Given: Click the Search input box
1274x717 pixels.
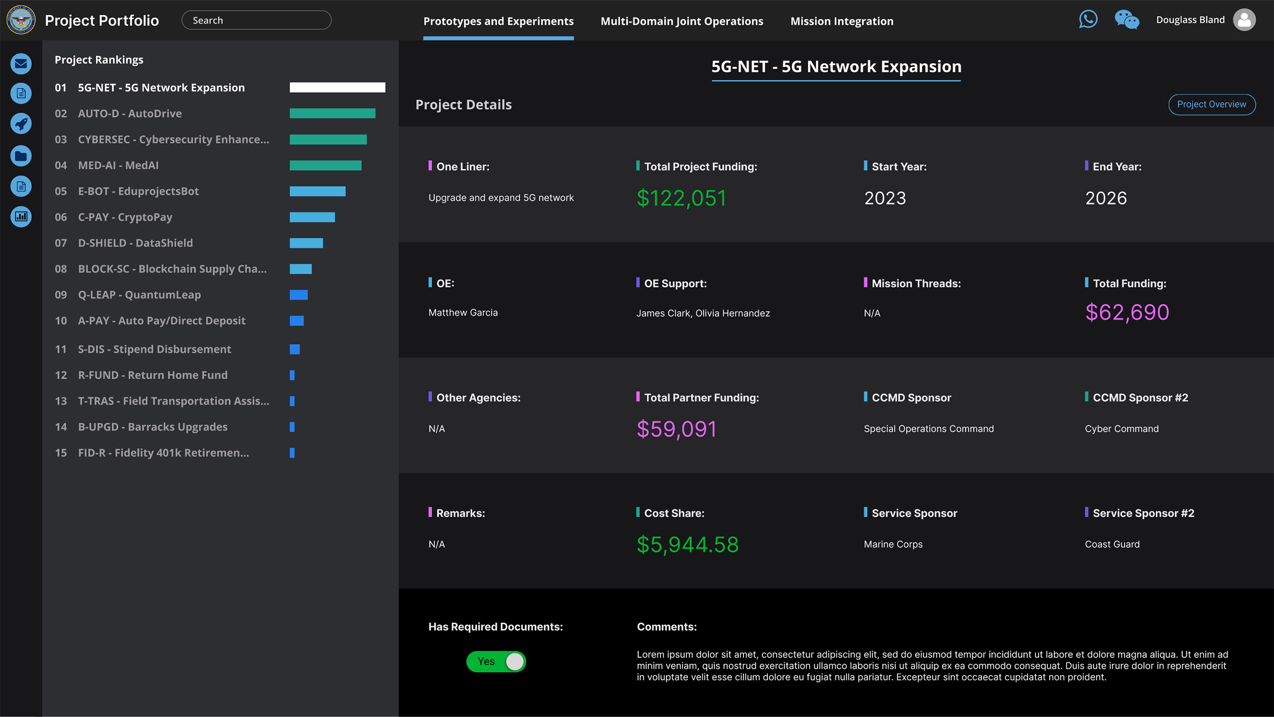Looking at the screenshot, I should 256,20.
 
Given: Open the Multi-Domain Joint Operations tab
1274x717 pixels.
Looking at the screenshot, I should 682,21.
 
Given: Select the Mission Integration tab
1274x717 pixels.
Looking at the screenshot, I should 842,21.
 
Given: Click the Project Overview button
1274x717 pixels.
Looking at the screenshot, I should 1211,104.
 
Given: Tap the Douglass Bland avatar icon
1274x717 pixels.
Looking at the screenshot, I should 1244,20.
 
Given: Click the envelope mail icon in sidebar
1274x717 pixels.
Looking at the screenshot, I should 21,64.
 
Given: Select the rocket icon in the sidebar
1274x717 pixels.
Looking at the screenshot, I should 21,124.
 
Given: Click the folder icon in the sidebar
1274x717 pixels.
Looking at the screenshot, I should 21,156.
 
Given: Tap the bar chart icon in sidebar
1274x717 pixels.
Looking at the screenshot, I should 21,217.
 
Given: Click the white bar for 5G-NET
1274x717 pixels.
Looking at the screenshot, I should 337,88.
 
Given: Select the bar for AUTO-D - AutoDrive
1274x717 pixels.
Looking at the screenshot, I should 332,113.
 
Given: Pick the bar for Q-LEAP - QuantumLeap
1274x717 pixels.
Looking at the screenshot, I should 299,295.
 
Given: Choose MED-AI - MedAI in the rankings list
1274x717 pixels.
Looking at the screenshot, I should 118,165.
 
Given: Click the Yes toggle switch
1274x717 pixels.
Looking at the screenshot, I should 496,661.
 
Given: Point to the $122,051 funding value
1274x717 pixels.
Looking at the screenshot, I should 681,198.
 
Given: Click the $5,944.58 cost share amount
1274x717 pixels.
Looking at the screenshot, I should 687,545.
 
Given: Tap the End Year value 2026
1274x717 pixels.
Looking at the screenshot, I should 1106,198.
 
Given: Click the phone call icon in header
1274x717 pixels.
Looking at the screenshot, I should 1088,20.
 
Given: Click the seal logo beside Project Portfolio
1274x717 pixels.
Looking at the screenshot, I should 21,20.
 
